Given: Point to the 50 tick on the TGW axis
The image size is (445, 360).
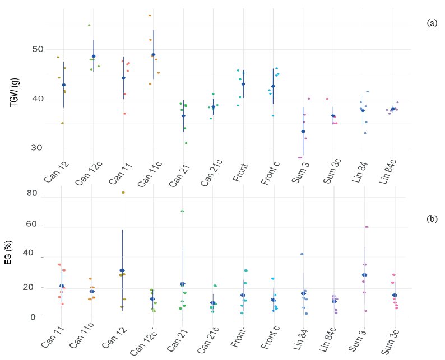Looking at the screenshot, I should [38, 49].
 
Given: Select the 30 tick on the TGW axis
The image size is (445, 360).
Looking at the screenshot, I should [38, 148].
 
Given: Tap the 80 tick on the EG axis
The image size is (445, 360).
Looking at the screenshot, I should [31, 194].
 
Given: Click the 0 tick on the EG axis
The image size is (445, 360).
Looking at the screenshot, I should [34, 317].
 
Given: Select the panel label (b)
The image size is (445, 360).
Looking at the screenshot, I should [432, 219].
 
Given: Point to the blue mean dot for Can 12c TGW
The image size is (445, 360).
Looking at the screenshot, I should [94, 56].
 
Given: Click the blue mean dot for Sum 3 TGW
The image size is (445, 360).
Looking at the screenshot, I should [303, 132].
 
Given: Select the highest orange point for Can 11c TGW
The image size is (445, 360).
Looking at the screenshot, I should [150, 15].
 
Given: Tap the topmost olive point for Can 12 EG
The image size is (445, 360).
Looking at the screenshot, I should [123, 193].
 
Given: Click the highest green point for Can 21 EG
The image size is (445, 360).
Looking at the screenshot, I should [182, 211].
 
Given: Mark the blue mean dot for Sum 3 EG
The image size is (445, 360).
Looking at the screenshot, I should [364, 275].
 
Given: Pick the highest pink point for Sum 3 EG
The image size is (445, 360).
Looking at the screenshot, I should [367, 227].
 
